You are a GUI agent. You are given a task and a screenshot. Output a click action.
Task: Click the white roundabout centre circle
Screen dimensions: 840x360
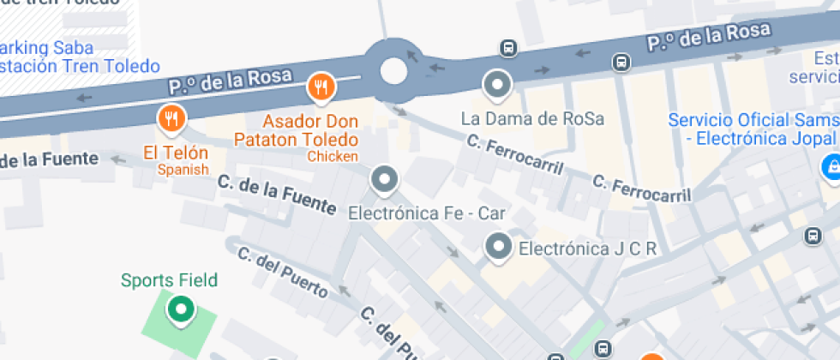tap(393, 70)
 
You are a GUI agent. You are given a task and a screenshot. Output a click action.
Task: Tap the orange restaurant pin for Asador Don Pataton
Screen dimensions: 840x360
tap(321, 87)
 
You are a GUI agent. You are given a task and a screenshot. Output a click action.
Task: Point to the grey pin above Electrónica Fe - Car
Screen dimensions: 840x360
tap(384, 180)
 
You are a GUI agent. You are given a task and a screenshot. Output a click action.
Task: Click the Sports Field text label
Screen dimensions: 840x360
tap(169, 280)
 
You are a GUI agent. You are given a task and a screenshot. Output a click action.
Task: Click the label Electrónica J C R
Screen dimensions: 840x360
tap(588, 249)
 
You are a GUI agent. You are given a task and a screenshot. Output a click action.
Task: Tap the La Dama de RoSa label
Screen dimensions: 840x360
tap(532, 118)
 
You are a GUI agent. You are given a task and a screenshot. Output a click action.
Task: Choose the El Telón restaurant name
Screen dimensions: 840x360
tap(176, 153)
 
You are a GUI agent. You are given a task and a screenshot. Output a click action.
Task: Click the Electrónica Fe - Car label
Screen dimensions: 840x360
tap(427, 213)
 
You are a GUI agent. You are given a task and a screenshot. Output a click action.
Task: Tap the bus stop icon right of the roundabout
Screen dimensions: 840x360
tap(509, 48)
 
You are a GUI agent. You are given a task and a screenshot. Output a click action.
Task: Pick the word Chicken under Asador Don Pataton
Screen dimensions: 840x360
tap(333, 157)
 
